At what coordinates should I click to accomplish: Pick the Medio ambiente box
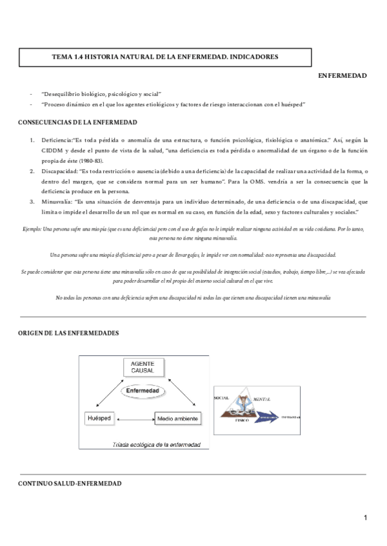point(177,419)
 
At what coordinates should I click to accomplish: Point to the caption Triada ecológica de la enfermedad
point(156,444)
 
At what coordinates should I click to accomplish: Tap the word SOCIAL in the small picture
point(222,399)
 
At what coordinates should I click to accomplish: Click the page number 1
point(365,518)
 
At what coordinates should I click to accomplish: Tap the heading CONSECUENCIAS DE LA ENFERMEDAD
point(77,122)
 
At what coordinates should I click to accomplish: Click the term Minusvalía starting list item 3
point(57,201)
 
